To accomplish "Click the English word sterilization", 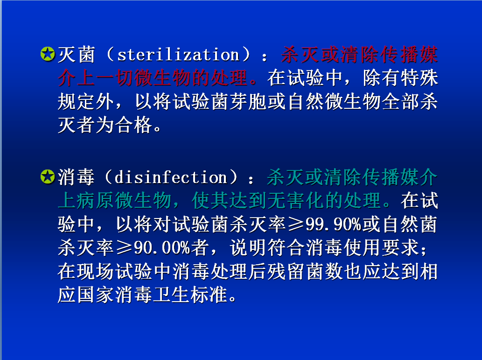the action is point(178,55).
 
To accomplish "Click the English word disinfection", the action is point(171,177).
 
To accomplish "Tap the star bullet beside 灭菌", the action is point(48,54).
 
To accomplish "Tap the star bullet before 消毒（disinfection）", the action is point(48,177).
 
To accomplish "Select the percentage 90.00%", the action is point(162,247).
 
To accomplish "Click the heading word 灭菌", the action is point(76,55).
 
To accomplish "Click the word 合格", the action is point(134,125).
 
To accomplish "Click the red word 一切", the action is point(116,78).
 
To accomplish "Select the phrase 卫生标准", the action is point(190,295).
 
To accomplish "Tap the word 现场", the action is point(95,271).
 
